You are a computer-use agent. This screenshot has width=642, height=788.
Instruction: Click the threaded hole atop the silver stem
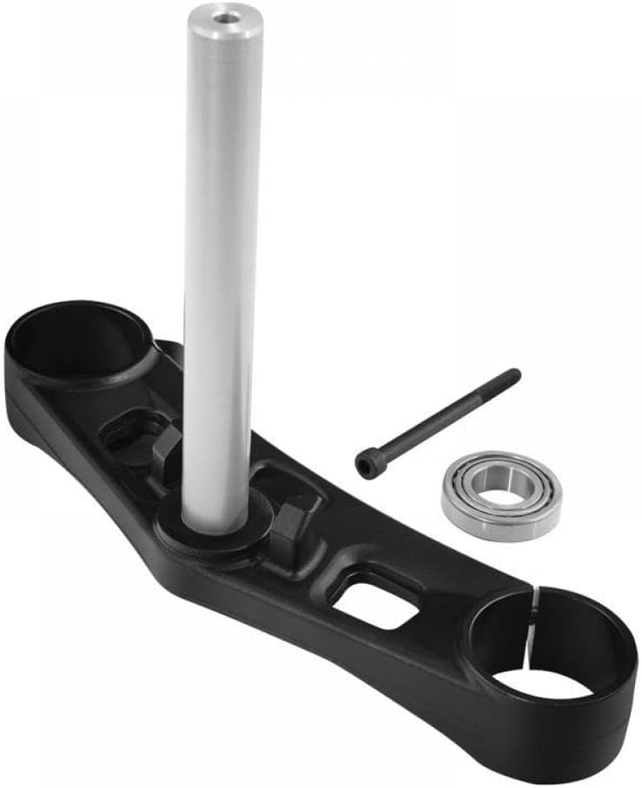pyautogui.click(x=227, y=16)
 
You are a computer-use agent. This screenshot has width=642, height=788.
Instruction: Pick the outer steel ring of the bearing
pyautogui.click(x=460, y=504)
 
